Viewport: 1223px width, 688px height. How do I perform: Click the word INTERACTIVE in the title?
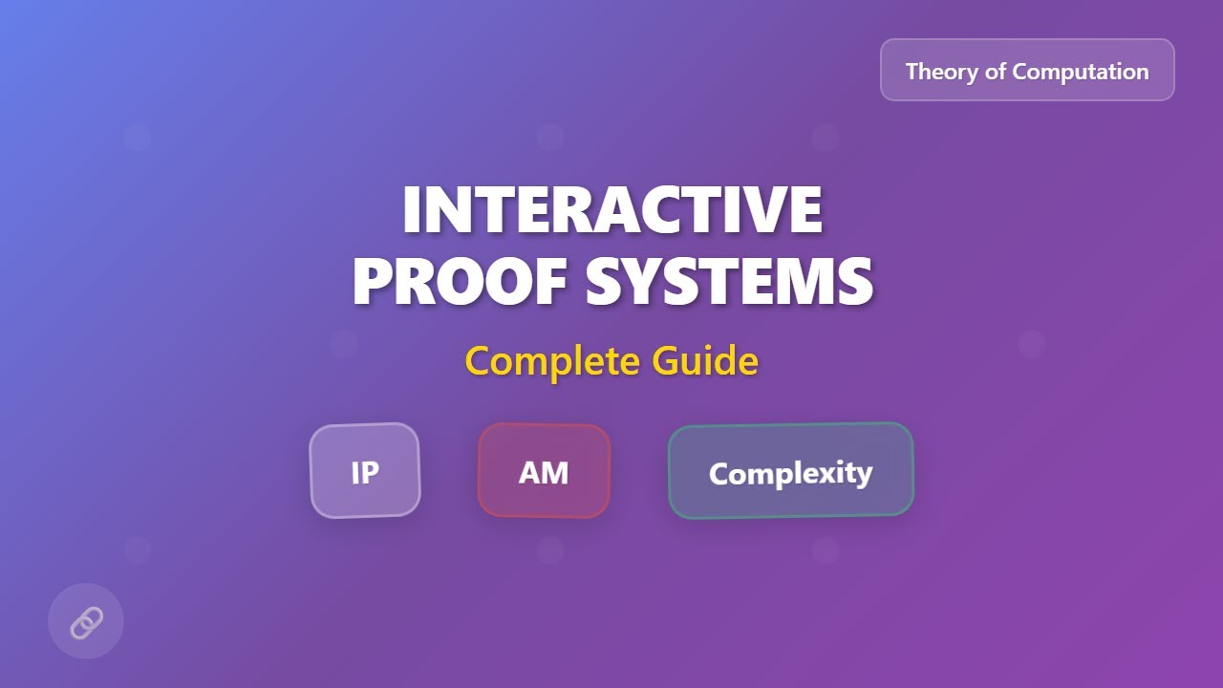click(611, 209)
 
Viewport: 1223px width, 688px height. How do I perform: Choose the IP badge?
click(365, 471)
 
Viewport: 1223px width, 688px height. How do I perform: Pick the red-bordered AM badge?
click(544, 471)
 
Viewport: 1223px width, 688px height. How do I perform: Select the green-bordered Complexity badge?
click(790, 471)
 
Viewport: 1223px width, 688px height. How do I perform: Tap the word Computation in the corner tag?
click(1081, 72)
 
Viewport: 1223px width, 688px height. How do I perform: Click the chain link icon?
click(86, 622)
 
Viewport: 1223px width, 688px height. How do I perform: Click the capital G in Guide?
click(666, 361)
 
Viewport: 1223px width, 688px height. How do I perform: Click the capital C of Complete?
click(479, 361)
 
